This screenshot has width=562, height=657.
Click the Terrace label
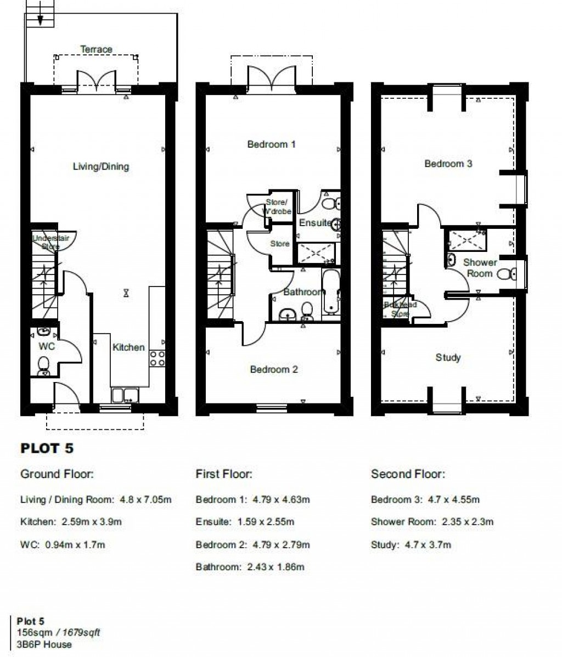click(96, 49)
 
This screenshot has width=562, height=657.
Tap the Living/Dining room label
click(101, 166)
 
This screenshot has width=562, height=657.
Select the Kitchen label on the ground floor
click(128, 347)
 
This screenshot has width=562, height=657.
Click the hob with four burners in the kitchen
click(158, 358)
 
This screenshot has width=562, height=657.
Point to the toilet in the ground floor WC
click(43, 365)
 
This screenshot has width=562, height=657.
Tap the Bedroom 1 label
click(271, 144)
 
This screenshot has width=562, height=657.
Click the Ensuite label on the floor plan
click(314, 223)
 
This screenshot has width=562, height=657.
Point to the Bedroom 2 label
click(273, 369)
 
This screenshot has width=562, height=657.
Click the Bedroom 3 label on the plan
click(448, 164)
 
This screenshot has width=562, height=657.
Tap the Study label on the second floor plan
click(448, 357)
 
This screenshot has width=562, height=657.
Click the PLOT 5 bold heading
click(47, 448)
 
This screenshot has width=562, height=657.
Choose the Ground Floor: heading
click(57, 474)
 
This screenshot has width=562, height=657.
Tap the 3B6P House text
click(44, 644)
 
